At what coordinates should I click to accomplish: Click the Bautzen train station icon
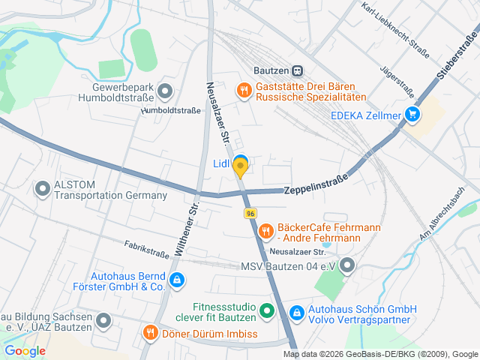click(x=298, y=70)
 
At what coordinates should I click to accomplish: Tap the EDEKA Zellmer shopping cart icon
click(x=411, y=115)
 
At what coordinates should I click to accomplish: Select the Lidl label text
click(x=220, y=163)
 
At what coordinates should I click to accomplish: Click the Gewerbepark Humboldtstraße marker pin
click(x=166, y=92)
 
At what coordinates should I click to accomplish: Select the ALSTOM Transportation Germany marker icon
click(x=41, y=188)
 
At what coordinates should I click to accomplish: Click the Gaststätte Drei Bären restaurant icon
click(x=244, y=91)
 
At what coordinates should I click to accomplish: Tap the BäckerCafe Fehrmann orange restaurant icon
click(x=265, y=232)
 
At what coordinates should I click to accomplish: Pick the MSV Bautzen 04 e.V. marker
click(x=346, y=265)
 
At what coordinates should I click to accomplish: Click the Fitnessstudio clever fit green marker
click(x=266, y=310)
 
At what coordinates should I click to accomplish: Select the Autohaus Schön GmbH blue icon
click(x=297, y=311)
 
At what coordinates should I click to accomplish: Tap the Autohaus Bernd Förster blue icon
click(x=176, y=280)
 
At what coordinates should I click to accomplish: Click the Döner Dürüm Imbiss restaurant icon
click(x=151, y=331)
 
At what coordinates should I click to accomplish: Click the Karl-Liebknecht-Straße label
click(x=394, y=29)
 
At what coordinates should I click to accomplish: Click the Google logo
click(x=25, y=350)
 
